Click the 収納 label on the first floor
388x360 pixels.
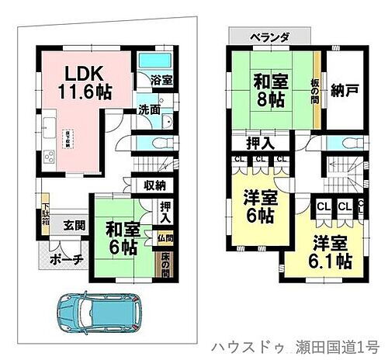[x=155, y=185]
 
